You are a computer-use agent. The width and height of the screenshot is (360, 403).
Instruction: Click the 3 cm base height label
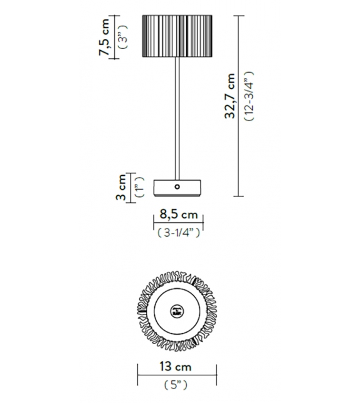click(122, 188)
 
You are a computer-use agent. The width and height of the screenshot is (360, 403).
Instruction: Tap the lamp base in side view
click(177, 187)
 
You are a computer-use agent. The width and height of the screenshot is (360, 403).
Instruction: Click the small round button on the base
click(177, 187)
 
